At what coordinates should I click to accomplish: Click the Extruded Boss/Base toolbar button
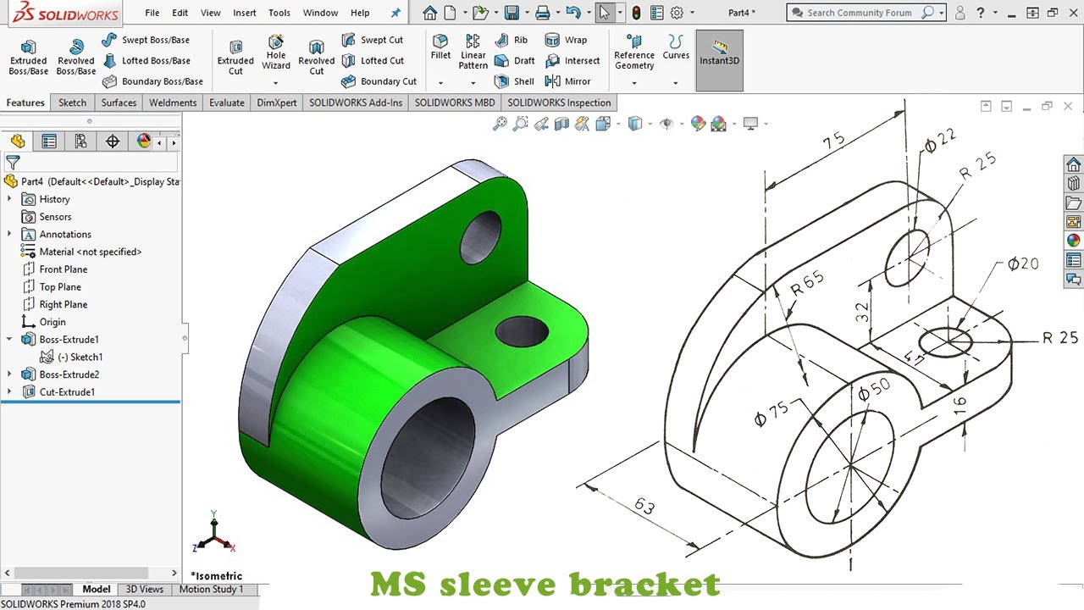pos(28,56)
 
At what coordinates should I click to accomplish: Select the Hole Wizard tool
pos(276,53)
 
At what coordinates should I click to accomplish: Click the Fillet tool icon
pos(440,47)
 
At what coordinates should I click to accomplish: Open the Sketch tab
pos(72,103)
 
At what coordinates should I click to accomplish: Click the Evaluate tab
pos(226,103)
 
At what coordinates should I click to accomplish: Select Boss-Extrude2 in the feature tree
pos(69,374)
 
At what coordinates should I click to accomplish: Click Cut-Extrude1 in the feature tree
pos(67,392)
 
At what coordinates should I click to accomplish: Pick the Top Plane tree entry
pos(60,287)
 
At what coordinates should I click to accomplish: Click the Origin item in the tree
pos(53,322)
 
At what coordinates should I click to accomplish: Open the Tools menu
pos(279,13)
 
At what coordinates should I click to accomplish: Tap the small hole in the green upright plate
pos(480,237)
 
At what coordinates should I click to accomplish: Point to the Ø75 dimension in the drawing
pos(771,413)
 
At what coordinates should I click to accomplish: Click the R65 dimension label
pos(806,283)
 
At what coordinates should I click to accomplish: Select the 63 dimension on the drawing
pos(644,506)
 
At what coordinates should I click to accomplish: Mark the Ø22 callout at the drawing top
pos(939,141)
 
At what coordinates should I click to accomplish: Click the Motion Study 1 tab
pos(211,589)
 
